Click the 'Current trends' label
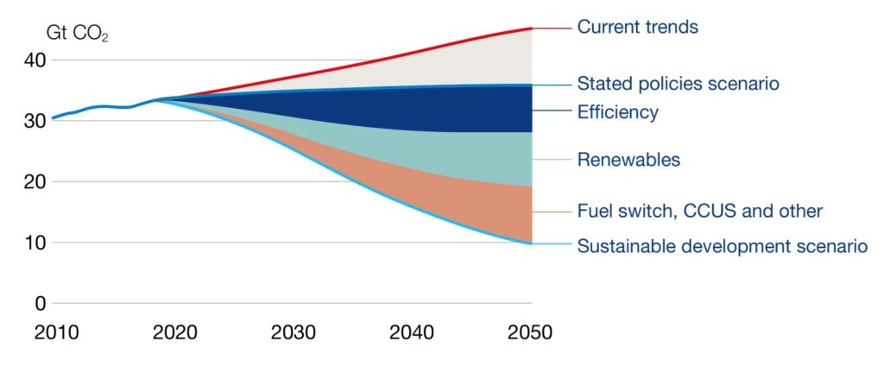(637, 28)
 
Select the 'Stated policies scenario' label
(678, 85)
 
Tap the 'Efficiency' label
(617, 112)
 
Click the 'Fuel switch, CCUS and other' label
(699, 211)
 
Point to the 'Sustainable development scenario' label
(722, 246)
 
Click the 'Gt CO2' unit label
(77, 35)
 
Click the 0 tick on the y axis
(40, 303)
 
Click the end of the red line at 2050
(531, 28)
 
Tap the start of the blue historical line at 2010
(54, 117)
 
